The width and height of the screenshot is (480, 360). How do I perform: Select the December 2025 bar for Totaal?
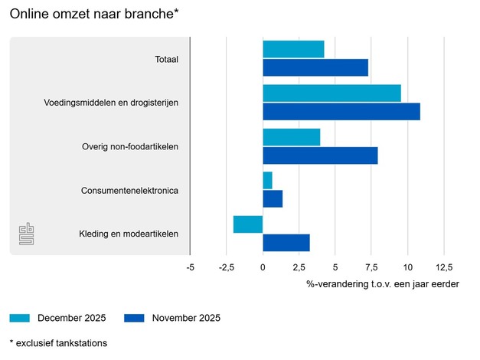point(293,49)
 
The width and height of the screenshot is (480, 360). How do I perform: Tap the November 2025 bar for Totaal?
point(315,67)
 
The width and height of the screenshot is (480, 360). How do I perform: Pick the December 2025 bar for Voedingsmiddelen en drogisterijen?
point(331,93)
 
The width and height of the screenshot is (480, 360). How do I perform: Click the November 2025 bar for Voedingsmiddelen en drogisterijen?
point(341,111)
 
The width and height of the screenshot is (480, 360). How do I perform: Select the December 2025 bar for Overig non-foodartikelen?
point(291,137)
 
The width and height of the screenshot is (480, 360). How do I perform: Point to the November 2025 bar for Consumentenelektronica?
point(273,198)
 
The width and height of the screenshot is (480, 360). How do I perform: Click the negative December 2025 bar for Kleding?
point(248,224)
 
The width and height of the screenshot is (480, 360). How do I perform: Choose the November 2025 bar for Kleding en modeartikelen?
point(286,243)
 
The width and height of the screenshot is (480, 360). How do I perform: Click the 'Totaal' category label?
point(166,59)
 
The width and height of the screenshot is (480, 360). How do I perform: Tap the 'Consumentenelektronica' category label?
point(129,191)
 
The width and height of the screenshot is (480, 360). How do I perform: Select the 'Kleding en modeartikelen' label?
point(129,234)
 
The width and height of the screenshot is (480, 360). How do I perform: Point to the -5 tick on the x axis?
point(190,267)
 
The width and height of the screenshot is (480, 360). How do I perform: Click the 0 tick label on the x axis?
point(263,267)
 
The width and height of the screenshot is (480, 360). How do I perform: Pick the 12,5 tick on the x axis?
point(444,267)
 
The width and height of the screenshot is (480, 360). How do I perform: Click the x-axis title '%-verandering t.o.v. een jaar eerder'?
point(383,284)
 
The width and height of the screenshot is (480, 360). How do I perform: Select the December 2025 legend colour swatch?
point(20,318)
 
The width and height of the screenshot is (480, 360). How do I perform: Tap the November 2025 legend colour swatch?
point(135,318)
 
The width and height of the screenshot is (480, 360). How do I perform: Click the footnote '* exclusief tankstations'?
point(58,343)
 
